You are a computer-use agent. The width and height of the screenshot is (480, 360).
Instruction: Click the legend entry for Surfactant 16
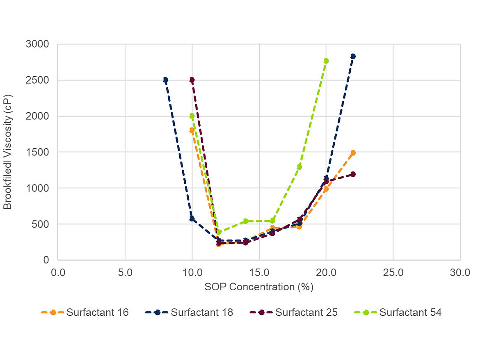[x=85, y=312]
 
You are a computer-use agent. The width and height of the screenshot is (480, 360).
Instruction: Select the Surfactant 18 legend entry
[x=189, y=312]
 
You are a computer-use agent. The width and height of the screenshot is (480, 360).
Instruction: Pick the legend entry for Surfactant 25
[x=293, y=312]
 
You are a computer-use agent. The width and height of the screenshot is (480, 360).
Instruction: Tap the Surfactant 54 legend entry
[x=398, y=312]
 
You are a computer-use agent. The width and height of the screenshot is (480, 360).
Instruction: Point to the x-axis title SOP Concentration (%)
[x=259, y=287]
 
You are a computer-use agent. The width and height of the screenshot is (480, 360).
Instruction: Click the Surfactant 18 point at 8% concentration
[x=165, y=80]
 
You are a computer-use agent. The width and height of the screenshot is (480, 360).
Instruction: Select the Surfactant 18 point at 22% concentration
[x=353, y=56]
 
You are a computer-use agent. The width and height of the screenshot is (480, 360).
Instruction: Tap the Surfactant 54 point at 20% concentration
[x=326, y=61]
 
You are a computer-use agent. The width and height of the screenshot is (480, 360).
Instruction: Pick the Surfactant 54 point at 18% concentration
[x=299, y=167]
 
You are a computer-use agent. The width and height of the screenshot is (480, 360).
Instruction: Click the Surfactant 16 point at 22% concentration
[x=353, y=153]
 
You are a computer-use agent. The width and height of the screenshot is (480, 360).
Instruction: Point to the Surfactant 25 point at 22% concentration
[x=353, y=174]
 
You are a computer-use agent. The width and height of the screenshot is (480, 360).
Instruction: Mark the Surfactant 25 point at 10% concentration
[x=192, y=80]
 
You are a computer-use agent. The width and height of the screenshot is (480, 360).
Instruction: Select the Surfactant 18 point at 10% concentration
[x=192, y=219]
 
